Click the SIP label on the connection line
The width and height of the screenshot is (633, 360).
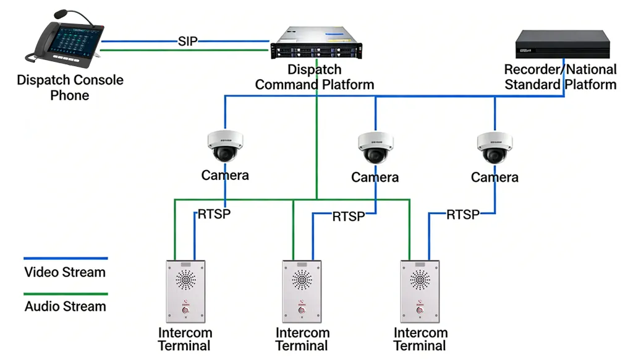187,41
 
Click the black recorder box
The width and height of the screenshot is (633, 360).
563,44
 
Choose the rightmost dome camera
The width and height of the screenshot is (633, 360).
494,147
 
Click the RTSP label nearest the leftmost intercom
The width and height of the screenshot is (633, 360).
215,215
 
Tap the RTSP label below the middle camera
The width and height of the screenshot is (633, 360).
349,216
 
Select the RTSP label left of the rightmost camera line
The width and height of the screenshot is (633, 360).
463,215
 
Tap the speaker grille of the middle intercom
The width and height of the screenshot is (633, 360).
302,280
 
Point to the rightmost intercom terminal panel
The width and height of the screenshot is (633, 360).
420,290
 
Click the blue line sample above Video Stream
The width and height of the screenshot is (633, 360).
66,259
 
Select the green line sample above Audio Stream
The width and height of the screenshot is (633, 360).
66,294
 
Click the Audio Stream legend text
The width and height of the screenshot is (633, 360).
66,306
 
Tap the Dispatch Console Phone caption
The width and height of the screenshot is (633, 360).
70,87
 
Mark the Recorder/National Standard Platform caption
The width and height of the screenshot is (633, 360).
560,77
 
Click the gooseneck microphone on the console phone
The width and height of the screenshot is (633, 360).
65,14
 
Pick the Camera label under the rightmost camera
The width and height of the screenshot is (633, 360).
494,178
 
